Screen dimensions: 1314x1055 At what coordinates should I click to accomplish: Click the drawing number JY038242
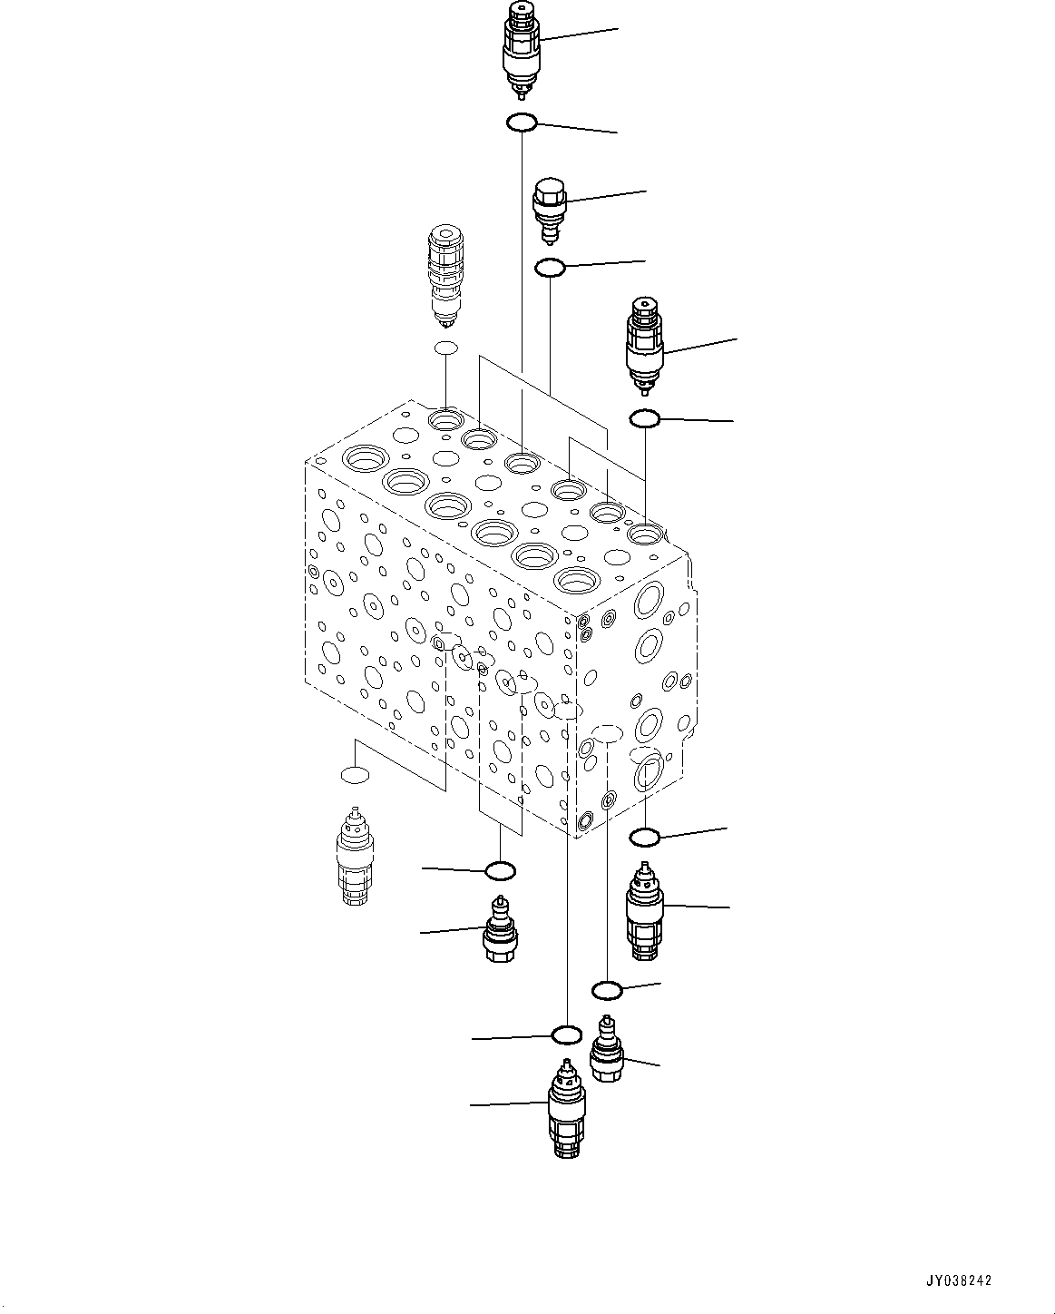click(x=958, y=1280)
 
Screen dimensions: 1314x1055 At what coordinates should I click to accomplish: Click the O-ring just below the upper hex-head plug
click(x=550, y=268)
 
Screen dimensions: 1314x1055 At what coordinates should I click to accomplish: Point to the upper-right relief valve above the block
click(x=644, y=346)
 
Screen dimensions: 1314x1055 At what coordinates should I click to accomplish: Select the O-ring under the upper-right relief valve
click(x=644, y=418)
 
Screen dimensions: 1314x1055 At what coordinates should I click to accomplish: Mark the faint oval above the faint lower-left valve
click(x=355, y=775)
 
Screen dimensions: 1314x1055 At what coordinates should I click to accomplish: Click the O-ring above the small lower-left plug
click(x=500, y=871)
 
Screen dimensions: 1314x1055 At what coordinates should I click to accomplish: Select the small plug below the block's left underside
click(x=500, y=930)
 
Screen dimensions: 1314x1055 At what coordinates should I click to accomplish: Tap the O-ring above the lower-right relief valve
click(x=644, y=836)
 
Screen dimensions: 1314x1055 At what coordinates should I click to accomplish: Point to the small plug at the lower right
click(x=607, y=1050)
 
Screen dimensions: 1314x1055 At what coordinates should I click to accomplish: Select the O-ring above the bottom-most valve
click(x=566, y=1035)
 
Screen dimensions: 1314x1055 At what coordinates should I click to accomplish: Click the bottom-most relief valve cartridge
click(x=566, y=1109)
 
